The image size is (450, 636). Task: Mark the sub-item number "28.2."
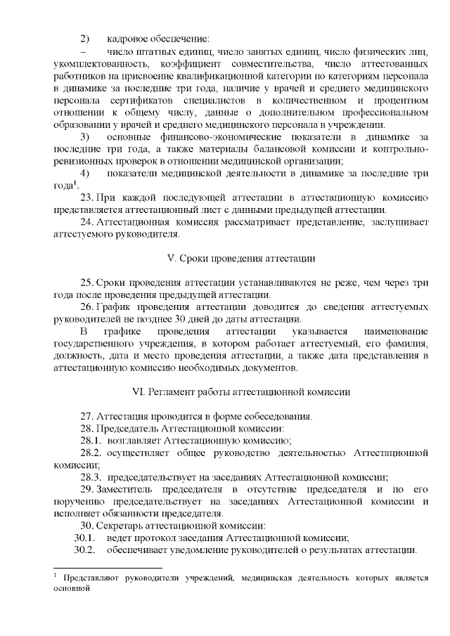[91, 453]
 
